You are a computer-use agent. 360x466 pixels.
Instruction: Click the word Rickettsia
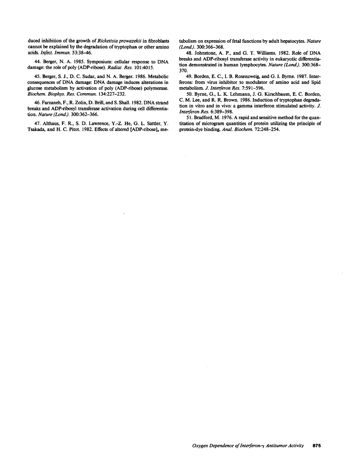point(107,41)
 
